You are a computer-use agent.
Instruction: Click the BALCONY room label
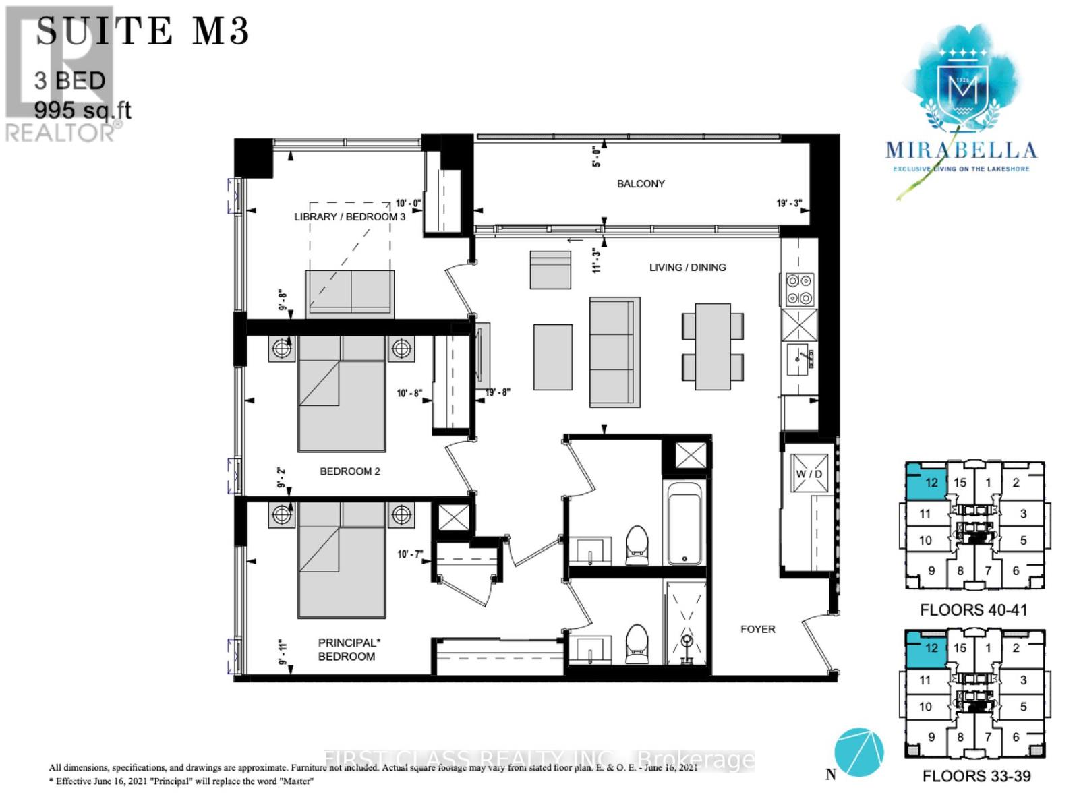click(641, 183)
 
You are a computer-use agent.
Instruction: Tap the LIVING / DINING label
click(687, 267)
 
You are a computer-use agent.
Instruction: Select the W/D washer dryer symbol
click(809, 473)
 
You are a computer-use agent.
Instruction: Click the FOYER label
click(757, 629)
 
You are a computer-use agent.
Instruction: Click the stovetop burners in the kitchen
click(800, 290)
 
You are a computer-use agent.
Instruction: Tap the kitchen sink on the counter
click(801, 358)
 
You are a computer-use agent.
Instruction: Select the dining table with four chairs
click(713, 346)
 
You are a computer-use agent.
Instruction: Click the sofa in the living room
click(614, 351)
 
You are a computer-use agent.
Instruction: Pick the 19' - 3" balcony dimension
click(788, 203)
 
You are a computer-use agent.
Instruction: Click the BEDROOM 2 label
click(349, 471)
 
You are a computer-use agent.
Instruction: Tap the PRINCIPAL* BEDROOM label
click(347, 649)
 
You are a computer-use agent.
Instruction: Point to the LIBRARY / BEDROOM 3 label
click(349, 216)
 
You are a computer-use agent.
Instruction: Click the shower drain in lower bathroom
click(687, 640)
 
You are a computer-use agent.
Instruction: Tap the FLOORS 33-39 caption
click(976, 776)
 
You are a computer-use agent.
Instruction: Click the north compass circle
click(858, 752)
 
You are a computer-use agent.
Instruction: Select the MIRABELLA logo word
click(960, 150)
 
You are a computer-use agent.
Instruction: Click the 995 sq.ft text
click(82, 110)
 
